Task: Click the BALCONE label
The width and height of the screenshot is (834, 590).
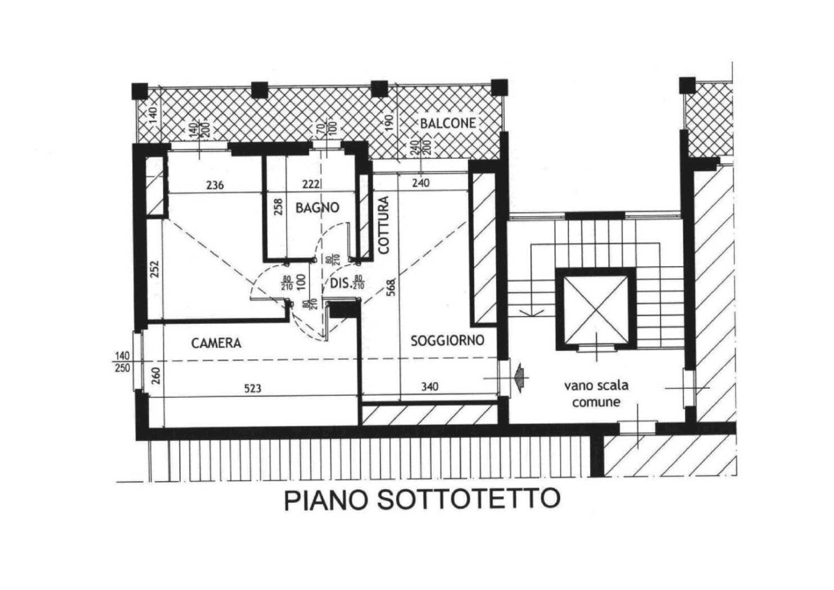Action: tap(448, 123)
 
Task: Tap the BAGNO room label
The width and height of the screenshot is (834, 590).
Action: tap(318, 207)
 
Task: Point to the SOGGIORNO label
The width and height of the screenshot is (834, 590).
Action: tap(447, 341)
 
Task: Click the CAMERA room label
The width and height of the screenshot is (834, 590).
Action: tap(216, 343)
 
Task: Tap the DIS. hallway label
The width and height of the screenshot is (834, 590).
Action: tap(340, 283)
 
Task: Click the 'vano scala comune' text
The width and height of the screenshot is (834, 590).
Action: tap(596, 394)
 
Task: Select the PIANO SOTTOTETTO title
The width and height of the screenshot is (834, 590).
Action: tap(422, 500)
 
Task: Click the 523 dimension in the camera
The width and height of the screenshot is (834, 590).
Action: tap(253, 388)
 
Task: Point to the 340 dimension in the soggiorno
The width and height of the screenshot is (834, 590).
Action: tap(429, 387)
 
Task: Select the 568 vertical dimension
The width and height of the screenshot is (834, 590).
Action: tap(392, 287)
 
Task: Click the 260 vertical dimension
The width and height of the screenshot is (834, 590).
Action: tap(156, 375)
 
